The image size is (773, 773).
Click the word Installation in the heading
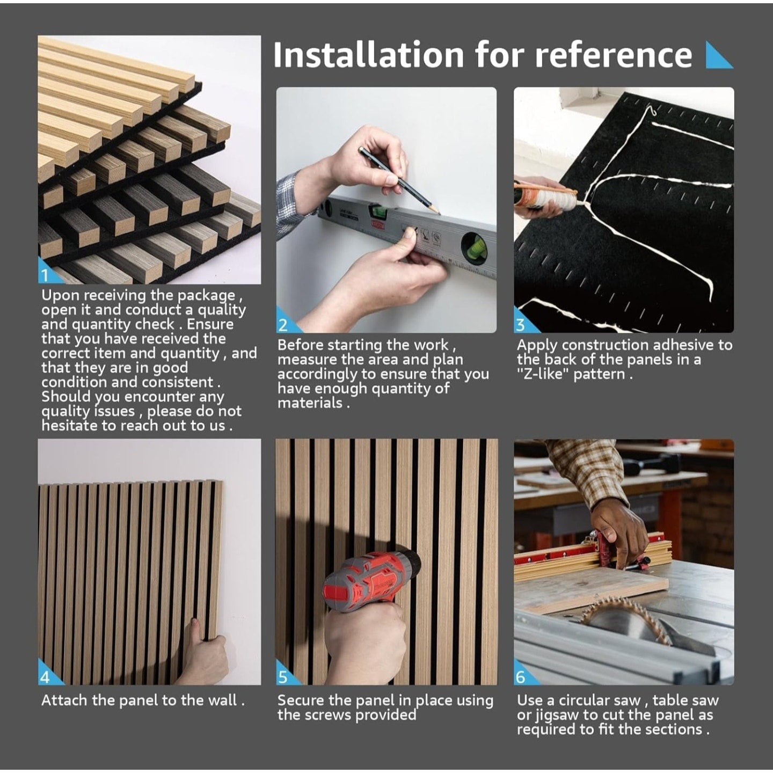coord(368,55)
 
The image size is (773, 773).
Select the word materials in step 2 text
coord(310,403)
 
